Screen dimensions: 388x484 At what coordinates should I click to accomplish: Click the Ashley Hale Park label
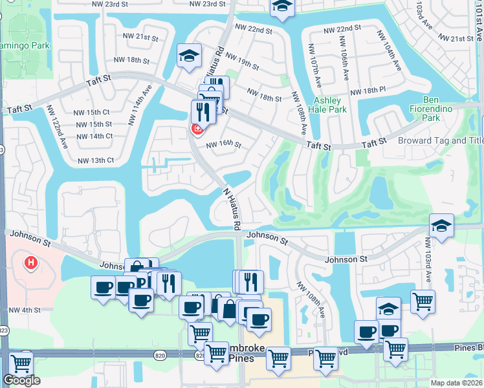[331, 105]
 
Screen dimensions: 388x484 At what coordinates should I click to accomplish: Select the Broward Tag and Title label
[440, 140]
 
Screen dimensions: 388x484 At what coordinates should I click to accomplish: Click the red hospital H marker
[30, 263]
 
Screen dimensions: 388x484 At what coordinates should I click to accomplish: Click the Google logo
[21, 380]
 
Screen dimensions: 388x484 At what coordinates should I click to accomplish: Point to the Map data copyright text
[457, 383]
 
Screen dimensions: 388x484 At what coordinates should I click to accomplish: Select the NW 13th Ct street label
[95, 160]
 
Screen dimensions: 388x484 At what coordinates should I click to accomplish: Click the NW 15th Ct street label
[94, 112]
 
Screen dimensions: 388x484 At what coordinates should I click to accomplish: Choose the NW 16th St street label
[223, 145]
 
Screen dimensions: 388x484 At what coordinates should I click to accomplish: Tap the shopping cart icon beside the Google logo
[23, 362]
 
